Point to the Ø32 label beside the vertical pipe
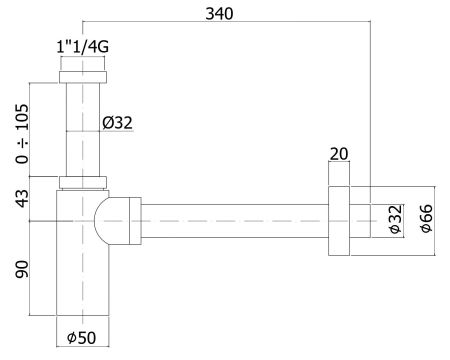pyautogui.click(x=117, y=123)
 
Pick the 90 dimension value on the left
pyautogui.click(x=18, y=270)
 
